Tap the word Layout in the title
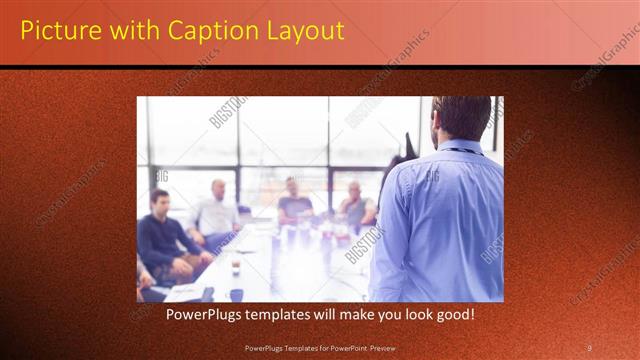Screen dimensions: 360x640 305,30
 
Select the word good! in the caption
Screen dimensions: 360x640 452,314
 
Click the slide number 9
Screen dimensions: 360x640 589,347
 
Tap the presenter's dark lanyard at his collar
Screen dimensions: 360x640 461,150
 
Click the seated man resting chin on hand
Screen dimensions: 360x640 354,205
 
